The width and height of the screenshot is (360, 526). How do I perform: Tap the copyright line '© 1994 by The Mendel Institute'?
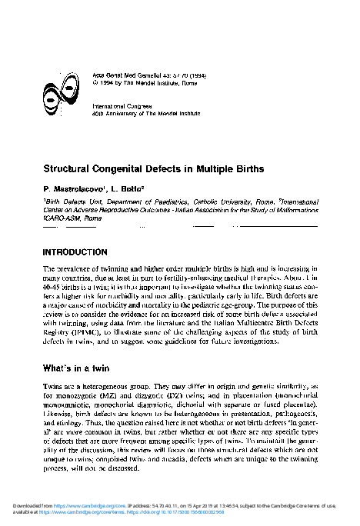point(133,76)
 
